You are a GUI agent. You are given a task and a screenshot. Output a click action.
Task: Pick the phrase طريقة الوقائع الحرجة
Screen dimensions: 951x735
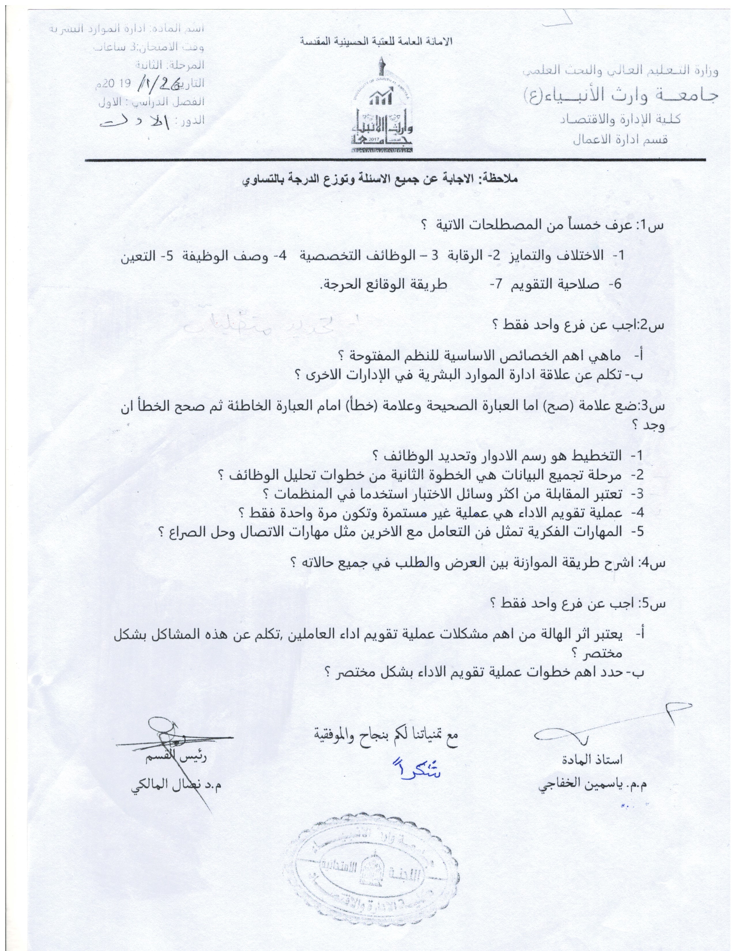coord(383,284)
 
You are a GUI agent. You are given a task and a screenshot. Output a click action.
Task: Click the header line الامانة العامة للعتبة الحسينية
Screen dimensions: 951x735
coord(377,42)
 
